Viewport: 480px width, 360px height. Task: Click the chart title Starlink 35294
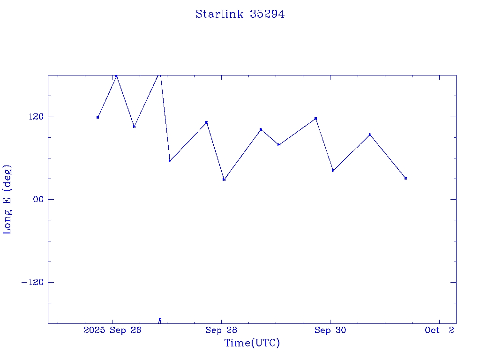pos(240,15)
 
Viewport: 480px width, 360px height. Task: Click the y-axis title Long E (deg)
pos(7,200)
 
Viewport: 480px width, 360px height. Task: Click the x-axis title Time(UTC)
pos(252,343)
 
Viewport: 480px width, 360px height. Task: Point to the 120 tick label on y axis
pos(32,117)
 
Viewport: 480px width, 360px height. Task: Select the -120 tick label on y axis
pos(30,282)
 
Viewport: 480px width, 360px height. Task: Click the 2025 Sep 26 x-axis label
pos(112,330)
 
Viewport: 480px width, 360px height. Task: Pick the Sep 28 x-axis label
pos(221,330)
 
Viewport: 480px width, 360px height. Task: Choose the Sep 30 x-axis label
pos(330,330)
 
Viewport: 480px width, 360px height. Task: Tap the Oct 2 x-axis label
pos(439,330)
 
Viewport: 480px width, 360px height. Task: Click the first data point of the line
pos(97,117)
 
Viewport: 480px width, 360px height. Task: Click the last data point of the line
pos(405,178)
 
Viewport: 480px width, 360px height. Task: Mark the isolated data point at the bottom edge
pos(160,319)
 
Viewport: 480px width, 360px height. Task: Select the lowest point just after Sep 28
pos(224,180)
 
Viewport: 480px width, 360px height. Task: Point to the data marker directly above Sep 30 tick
pos(333,171)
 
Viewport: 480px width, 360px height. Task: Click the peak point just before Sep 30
pos(315,119)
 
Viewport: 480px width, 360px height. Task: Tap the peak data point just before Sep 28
pos(206,122)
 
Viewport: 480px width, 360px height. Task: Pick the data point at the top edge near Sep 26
pos(117,76)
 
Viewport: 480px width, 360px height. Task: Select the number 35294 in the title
pos(267,15)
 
